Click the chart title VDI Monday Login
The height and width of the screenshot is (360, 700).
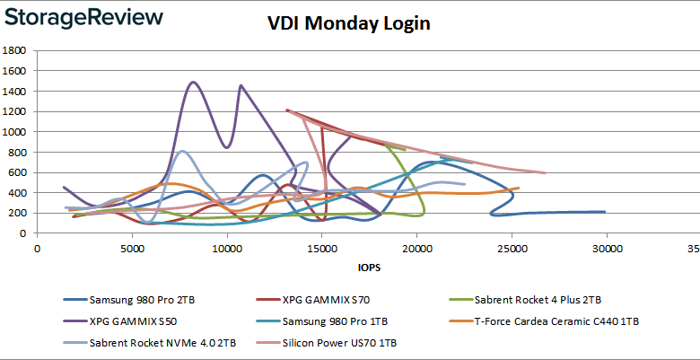[x=348, y=23]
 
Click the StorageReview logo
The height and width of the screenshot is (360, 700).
[x=83, y=17]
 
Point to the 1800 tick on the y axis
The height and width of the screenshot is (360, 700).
[x=13, y=50]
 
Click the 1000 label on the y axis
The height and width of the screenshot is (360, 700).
[x=13, y=131]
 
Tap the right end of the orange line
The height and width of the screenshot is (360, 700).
[x=519, y=188]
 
